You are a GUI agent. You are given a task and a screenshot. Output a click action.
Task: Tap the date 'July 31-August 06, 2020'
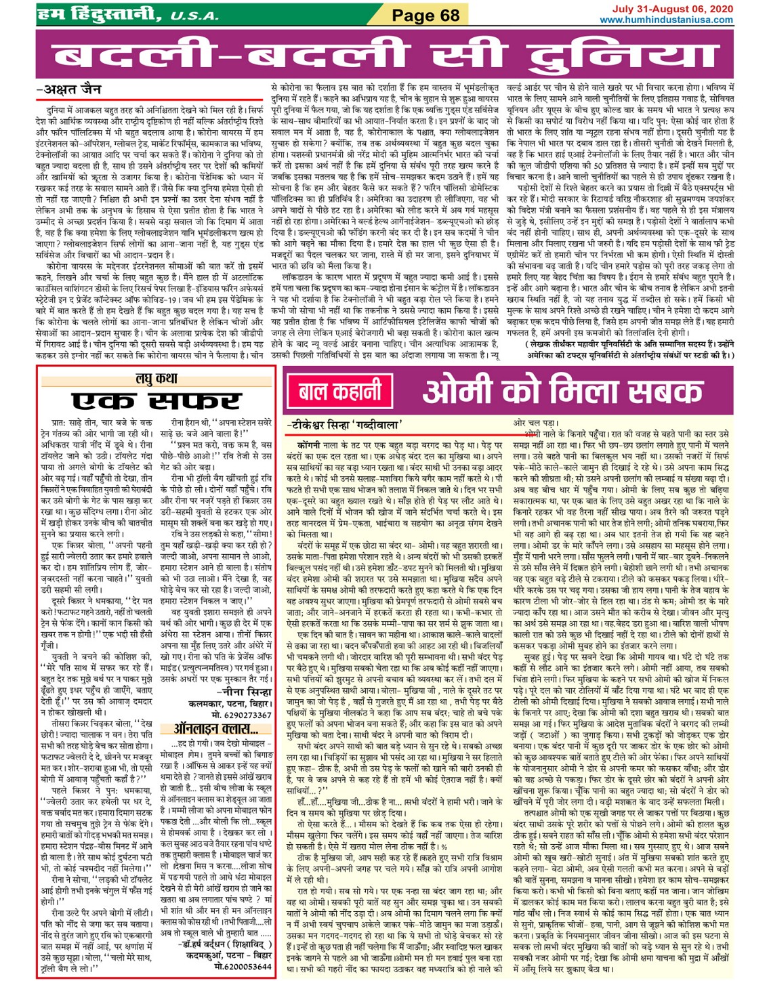pyautogui.click(x=672, y=9)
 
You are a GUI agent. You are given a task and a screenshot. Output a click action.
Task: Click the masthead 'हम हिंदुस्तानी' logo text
pyautogui.click(x=99, y=14)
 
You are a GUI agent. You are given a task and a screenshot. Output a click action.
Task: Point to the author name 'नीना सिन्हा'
pyautogui.click(x=246, y=692)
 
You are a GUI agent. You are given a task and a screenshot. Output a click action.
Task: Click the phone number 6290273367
pyautogui.click(x=242, y=714)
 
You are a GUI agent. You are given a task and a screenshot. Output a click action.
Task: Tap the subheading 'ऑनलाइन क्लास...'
pyautogui.click(x=215, y=729)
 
